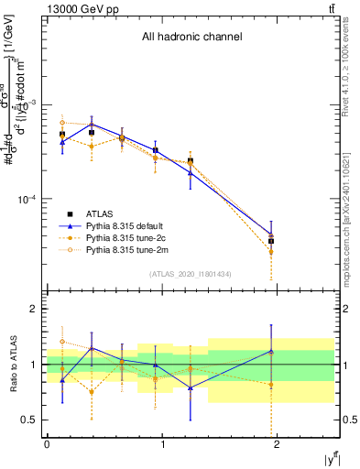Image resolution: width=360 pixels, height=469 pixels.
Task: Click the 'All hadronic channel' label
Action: click(x=191, y=38)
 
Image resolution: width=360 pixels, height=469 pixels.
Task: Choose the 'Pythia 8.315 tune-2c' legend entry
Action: click(x=125, y=237)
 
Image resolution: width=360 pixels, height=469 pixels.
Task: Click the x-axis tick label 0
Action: click(x=47, y=444)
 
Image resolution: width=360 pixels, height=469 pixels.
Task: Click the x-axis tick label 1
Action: click(x=163, y=444)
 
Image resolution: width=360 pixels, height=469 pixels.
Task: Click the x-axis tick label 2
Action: click(x=279, y=444)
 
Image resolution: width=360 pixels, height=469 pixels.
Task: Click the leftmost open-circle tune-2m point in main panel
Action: click(x=62, y=122)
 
